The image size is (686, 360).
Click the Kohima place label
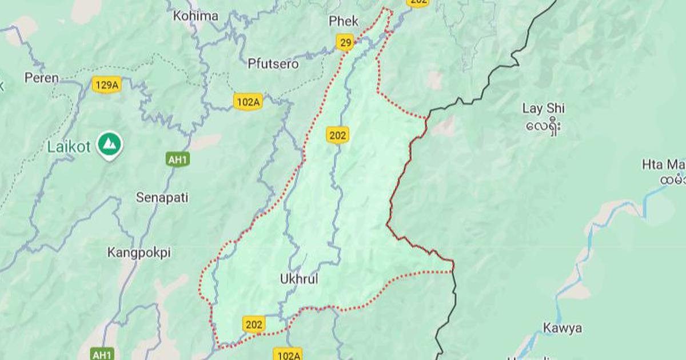196,16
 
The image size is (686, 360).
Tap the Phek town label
344,22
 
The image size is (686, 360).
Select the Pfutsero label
273,64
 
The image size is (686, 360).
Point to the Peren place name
41,78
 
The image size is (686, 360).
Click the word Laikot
69,147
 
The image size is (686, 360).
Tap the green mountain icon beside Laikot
109,144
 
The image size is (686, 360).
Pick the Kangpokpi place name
139,252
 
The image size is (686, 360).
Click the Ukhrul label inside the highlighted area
299,279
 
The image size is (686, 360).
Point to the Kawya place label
563,328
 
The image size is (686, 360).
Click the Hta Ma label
663,165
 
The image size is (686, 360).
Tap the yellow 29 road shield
345,43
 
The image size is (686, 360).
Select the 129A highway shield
107,86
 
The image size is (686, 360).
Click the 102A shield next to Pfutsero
248,102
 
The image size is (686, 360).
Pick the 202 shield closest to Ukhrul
254,325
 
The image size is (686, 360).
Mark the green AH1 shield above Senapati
178,159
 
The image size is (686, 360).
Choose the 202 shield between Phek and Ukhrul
338,135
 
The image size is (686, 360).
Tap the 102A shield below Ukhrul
288,355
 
